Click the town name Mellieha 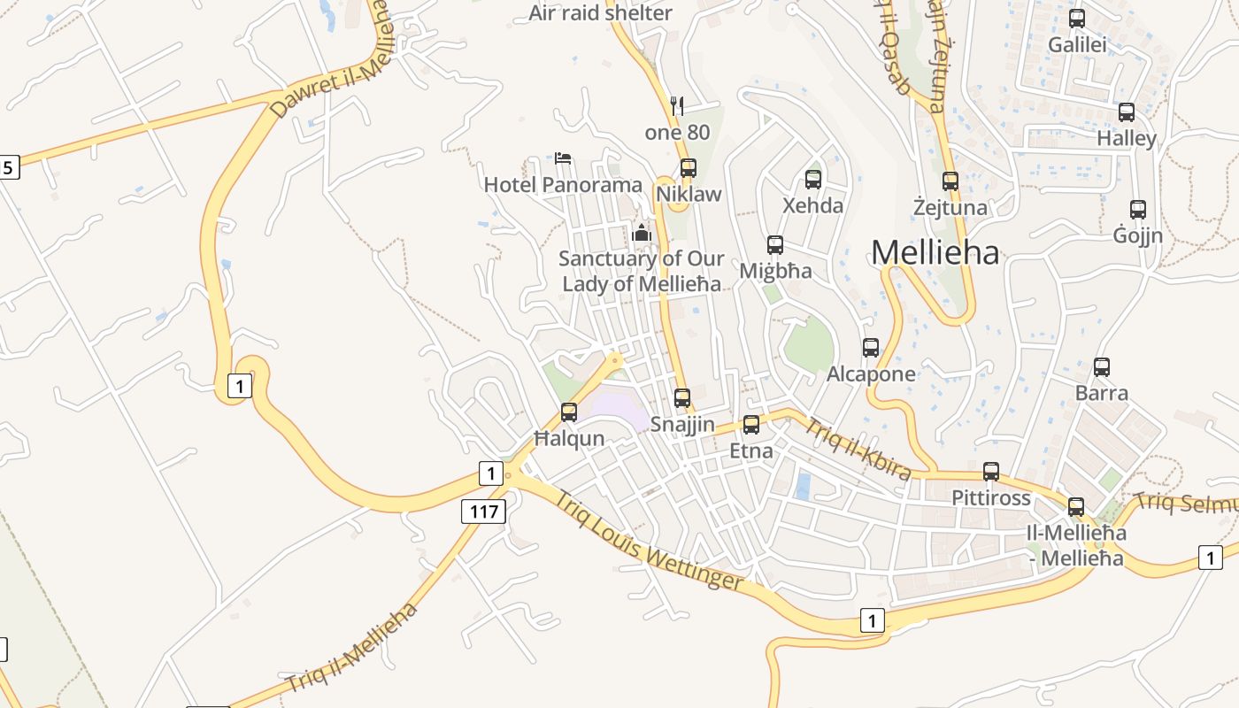[x=935, y=253]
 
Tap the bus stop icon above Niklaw [x=688, y=168]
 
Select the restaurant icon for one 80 [x=678, y=106]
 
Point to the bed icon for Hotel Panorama [x=563, y=159]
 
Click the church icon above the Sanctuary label [x=642, y=234]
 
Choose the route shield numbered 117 [x=483, y=511]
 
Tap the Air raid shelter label [x=600, y=13]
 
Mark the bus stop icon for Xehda [x=813, y=180]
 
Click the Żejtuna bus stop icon [x=950, y=181]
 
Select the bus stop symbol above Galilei [x=1077, y=19]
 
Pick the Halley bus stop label [x=1127, y=139]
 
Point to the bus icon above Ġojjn [x=1138, y=210]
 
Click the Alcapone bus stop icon [x=871, y=348]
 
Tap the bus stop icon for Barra [x=1102, y=367]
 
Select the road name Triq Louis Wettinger [x=649, y=541]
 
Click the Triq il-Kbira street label [x=857, y=450]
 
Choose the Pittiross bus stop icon [x=991, y=472]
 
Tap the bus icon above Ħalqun [x=569, y=412]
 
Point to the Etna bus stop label [x=750, y=451]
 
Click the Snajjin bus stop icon [x=682, y=398]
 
